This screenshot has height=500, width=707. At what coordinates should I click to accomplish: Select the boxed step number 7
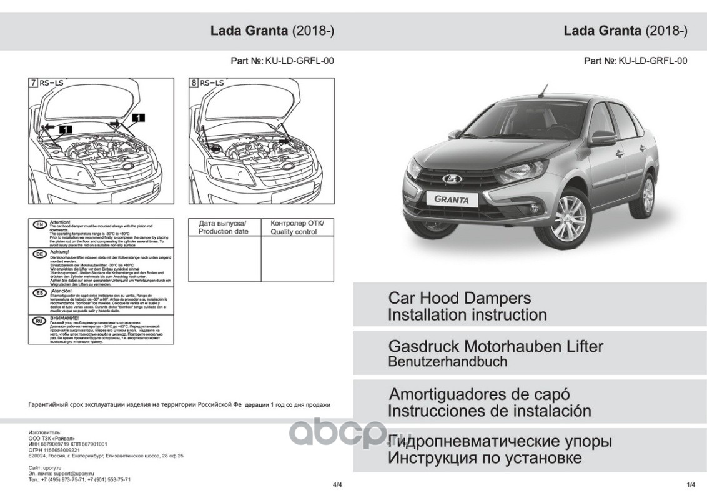[32, 82]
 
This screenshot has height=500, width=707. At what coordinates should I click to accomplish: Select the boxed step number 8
[194, 82]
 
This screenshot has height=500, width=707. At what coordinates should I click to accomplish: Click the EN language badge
[39, 224]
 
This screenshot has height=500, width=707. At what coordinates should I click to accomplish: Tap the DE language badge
[39, 254]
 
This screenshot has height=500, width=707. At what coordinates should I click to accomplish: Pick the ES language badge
[39, 292]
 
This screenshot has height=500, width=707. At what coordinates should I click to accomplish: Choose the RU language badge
[39, 321]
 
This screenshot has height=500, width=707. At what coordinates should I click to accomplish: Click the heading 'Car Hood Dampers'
[459, 297]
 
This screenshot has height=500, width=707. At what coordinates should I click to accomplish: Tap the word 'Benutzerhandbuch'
[448, 361]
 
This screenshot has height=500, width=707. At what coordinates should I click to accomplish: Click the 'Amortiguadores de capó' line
[479, 395]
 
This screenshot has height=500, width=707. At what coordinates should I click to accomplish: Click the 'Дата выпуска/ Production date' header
[223, 227]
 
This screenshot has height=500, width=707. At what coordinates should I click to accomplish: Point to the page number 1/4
[691, 485]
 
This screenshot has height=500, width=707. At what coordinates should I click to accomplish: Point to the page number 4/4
[338, 485]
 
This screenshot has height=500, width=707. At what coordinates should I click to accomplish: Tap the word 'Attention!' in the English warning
[60, 222]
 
